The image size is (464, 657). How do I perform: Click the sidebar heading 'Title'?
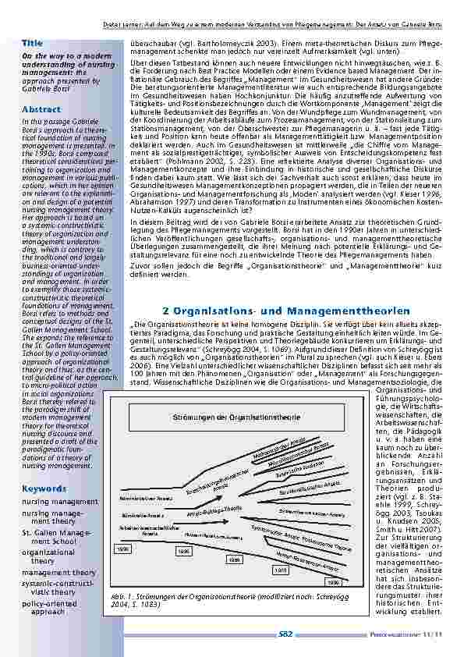[33, 41]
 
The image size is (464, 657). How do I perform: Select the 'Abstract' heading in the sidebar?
[42, 110]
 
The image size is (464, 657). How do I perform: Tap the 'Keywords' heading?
[44, 488]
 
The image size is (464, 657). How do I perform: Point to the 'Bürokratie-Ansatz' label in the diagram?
[140, 516]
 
